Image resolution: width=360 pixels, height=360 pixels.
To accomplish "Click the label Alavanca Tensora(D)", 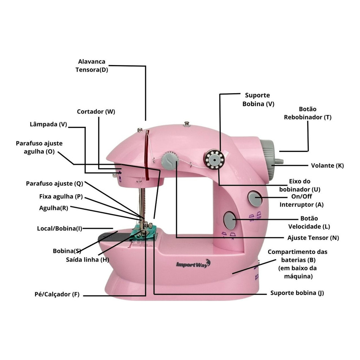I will click(91, 66).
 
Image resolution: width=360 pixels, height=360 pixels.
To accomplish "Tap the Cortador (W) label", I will click(96, 112).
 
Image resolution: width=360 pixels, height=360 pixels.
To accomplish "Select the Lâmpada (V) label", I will click(49, 124).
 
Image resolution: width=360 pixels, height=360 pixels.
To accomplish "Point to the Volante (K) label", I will click(327, 166).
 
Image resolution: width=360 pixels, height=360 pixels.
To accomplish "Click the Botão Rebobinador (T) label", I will click(308, 114).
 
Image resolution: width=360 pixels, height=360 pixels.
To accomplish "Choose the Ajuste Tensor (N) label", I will click(313, 238).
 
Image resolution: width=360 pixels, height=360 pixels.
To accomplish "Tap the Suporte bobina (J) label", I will click(297, 293).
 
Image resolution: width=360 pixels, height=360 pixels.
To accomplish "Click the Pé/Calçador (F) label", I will click(56, 295).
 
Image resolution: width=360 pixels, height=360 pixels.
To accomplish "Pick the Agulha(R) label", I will click(54, 208).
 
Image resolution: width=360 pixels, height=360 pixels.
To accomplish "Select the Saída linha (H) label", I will click(87, 260).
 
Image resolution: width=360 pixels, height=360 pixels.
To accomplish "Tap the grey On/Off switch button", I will click(255, 199).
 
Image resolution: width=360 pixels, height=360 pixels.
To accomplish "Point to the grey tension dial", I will click(170, 160).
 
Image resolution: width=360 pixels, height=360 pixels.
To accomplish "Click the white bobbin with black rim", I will click(214, 160).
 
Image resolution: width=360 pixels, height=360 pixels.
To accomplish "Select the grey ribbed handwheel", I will click(268, 160).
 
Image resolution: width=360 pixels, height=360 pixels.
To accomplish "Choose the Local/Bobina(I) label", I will click(59, 229).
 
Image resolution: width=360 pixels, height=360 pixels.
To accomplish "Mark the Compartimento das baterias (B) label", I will click(297, 264).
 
